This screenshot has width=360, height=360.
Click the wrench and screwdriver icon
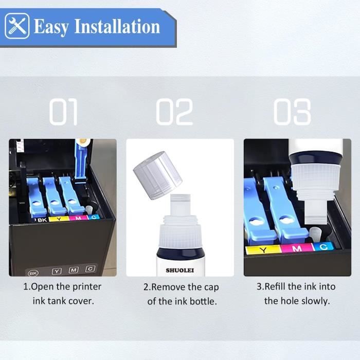pyautogui.click(x=17, y=26)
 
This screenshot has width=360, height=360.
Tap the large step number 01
pyautogui.click(x=63, y=113)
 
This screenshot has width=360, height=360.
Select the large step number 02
pyautogui.click(x=174, y=113)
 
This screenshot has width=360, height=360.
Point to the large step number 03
pyautogui.click(x=292, y=113)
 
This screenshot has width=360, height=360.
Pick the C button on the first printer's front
pyautogui.click(x=91, y=268)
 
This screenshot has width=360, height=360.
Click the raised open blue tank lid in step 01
pyautogui.click(x=79, y=158)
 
